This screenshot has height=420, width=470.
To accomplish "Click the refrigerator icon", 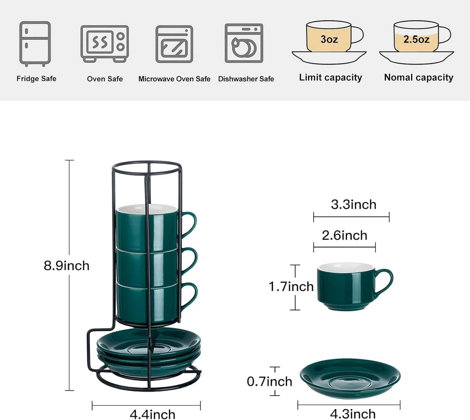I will pyautogui.click(x=35, y=43).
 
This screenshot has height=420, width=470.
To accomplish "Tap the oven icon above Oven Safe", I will pyautogui.click(x=104, y=43).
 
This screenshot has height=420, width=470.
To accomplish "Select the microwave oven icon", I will pyautogui.click(x=174, y=44).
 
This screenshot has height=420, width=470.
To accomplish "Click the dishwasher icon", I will pyautogui.click(x=244, y=43).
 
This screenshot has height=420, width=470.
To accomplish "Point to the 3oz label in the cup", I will pyautogui.click(x=329, y=39).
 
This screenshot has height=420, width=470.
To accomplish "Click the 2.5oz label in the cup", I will pyautogui.click(x=416, y=39).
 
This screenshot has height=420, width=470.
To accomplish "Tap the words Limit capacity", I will pyautogui.click(x=330, y=77).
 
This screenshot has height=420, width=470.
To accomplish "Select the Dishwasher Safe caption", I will pyautogui.click(x=246, y=79).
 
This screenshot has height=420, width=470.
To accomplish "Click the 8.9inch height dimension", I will pyautogui.click(x=66, y=266).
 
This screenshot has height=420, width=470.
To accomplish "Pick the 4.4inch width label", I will pyautogui.click(x=152, y=414).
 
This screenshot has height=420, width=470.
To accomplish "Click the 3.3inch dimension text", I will pyautogui.click(x=354, y=204).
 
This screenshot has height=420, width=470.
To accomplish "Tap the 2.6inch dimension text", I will pyautogui.click(x=344, y=235).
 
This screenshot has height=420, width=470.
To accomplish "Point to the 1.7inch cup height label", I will pyautogui.click(x=291, y=287).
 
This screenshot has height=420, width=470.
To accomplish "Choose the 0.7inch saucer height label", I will pyautogui.click(x=269, y=381).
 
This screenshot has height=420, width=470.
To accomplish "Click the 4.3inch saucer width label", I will pyautogui.click(x=353, y=414).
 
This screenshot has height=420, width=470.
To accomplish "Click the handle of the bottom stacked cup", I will pyautogui.click(x=190, y=295).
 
